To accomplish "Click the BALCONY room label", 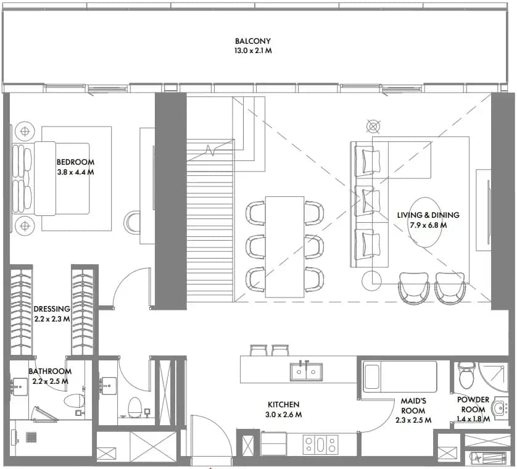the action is (x=253, y=41).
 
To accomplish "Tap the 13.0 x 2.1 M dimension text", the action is (x=253, y=51).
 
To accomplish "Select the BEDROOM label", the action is (x=75, y=162).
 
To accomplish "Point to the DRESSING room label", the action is (x=52, y=309).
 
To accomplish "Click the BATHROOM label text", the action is (x=50, y=371).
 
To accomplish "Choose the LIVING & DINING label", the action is (x=428, y=215).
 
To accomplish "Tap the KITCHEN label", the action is (x=284, y=405).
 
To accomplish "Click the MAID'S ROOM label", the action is (x=413, y=405).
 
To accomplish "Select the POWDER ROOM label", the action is (x=473, y=405).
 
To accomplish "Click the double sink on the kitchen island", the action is (x=306, y=371).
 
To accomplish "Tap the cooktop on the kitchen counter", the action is (x=320, y=444).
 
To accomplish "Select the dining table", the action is (x=284, y=247).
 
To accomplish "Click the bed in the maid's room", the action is (x=400, y=376).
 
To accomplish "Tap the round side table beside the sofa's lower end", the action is (x=371, y=280).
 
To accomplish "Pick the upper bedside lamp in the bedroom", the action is (x=25, y=131).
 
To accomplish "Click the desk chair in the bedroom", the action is (x=132, y=223).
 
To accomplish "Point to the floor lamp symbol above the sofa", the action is (x=373, y=127).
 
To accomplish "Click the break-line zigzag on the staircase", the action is (x=210, y=150).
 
